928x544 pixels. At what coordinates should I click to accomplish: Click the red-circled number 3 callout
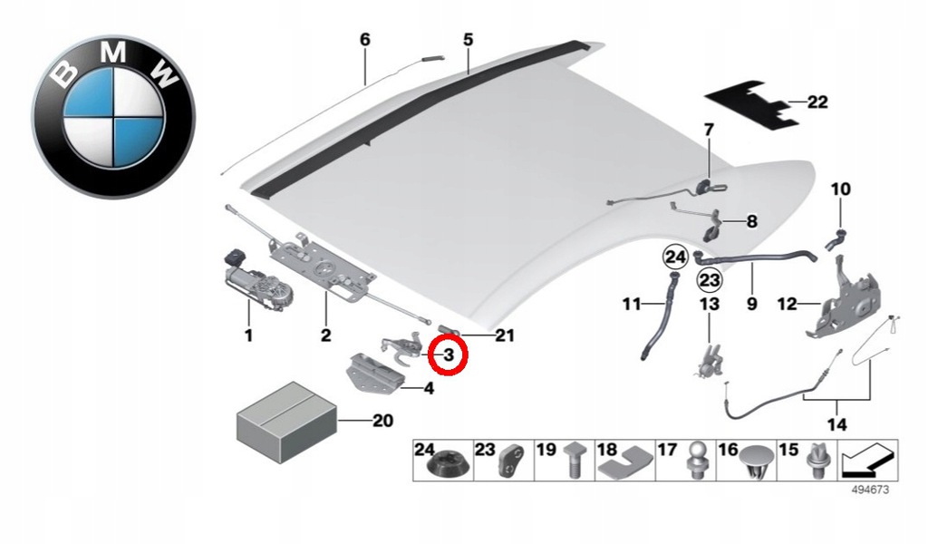click(x=449, y=355)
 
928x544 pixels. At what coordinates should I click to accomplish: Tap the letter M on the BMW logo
click(x=112, y=53)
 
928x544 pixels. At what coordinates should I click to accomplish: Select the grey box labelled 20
click(x=286, y=422)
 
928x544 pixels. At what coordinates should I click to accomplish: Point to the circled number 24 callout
click(x=675, y=257)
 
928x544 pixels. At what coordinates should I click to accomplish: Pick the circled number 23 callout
click(x=710, y=279)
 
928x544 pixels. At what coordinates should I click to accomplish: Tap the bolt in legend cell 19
click(x=574, y=460)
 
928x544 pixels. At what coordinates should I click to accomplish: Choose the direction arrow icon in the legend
click(x=867, y=460)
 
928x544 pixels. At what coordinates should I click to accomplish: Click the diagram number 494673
click(x=870, y=491)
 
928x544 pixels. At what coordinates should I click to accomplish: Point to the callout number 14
click(x=836, y=423)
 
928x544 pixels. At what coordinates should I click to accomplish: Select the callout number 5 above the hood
click(x=469, y=40)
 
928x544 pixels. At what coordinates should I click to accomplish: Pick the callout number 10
click(x=840, y=189)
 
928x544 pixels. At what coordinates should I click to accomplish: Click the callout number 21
click(x=505, y=335)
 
